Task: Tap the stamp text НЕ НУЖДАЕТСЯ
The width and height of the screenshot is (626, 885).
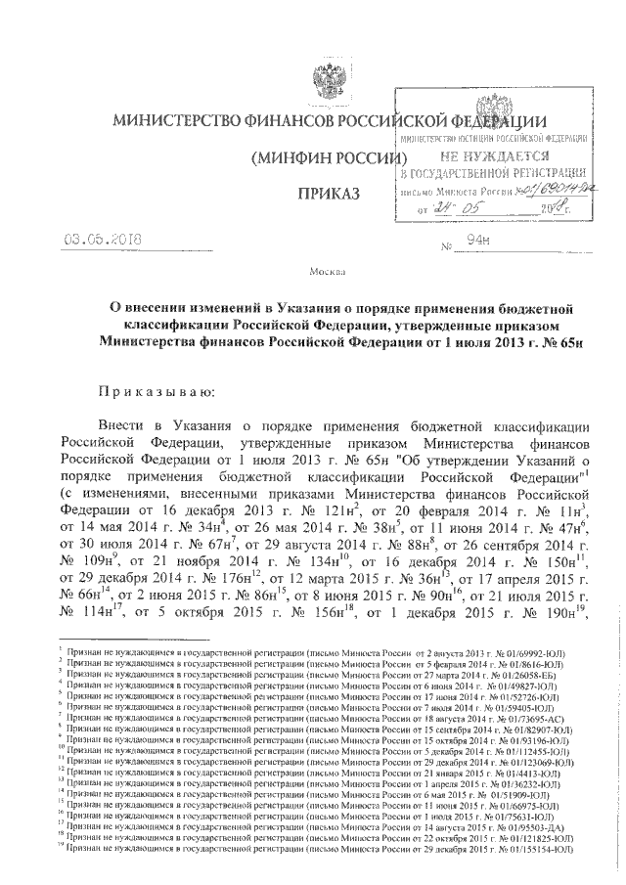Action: (493, 155)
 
